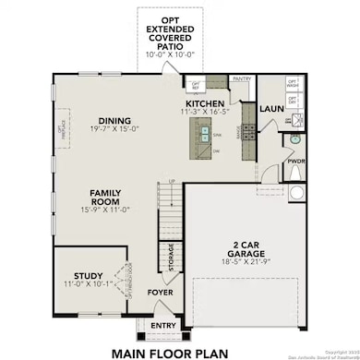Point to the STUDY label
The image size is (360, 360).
click(88, 275)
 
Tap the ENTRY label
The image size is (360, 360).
click(162, 324)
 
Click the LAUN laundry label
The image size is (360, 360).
click(270, 108)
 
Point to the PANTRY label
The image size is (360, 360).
click(243, 79)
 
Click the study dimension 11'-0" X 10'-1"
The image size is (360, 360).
click(88, 284)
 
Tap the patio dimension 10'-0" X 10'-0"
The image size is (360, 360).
click(172, 54)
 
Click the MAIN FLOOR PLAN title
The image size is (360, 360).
click(171, 351)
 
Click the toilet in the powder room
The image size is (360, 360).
click(296, 191)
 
